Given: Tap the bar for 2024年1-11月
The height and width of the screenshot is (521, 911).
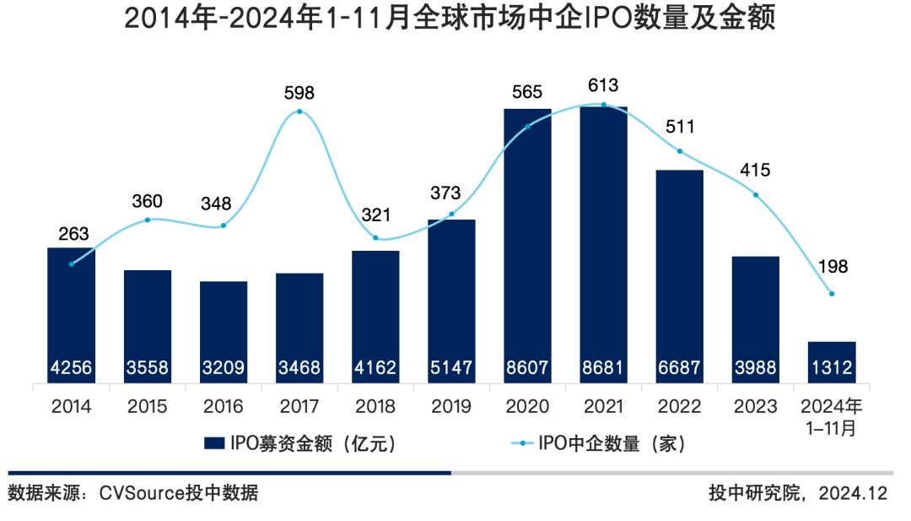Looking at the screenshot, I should pos(832,353).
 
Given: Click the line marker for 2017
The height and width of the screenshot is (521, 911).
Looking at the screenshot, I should pos(299,111).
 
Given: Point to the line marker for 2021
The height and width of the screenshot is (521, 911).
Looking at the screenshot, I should pos(603,105).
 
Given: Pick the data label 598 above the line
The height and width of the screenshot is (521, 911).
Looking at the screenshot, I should pos(299,91).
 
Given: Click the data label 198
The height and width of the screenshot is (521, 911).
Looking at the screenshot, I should pos(832,267).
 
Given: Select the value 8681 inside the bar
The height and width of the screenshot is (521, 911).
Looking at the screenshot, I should pos(603,368).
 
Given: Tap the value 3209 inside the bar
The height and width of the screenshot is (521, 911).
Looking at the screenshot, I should pos(224,368).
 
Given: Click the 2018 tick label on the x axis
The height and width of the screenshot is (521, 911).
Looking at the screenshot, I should pos(375,406).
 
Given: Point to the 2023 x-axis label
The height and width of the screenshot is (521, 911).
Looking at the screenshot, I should pos(755,406).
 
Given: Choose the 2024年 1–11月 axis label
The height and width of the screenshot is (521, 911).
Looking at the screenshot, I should pos(832,416).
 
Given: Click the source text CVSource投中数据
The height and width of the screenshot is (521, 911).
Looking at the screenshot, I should pos(132,493).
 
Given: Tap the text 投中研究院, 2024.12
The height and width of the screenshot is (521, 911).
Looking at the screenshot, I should pos(798,493).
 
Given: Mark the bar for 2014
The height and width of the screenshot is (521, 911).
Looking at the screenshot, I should pos(72,312).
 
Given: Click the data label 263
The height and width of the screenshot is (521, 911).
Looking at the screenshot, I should pos(72,233).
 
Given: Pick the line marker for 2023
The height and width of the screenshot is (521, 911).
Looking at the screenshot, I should pos(755,195).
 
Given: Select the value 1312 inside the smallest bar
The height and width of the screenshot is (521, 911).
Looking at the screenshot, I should pos(832,368).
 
